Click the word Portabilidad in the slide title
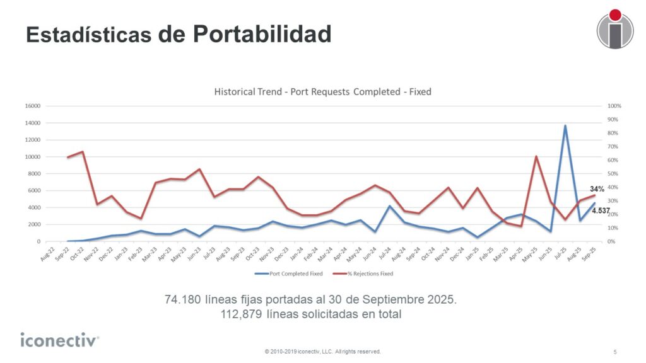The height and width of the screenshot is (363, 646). coord(262,34)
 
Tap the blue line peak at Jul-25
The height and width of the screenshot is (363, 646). coord(565,125)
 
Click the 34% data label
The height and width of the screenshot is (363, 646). coord(597,188)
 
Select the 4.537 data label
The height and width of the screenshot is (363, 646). coord(601,210)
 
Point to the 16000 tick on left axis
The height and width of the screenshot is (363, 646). coord(33,106)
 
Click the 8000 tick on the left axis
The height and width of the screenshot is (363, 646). coord(34,173)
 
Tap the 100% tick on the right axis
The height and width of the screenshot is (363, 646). coord(615,106)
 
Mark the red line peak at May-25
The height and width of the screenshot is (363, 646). coord(536,156)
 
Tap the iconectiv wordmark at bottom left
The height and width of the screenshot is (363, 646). coord(59,340)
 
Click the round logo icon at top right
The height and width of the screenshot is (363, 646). coord(614,29)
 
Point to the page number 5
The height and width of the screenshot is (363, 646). coord(615,351)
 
